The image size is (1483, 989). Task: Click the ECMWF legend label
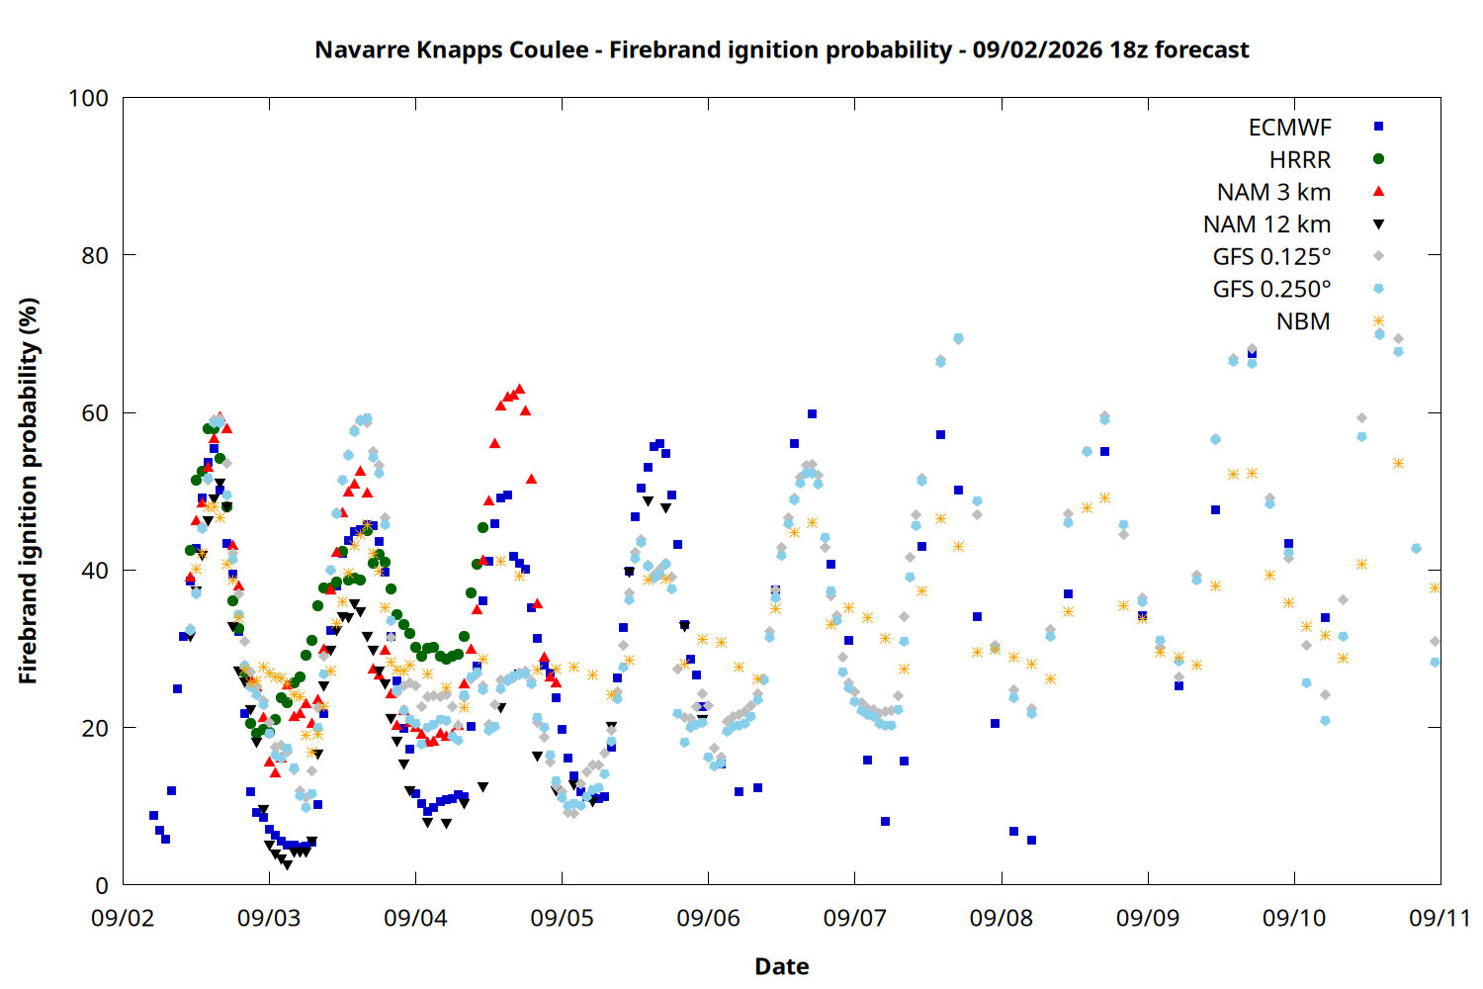click(x=1289, y=128)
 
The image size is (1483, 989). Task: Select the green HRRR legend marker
click(x=1378, y=159)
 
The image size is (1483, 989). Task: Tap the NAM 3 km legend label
click(x=1273, y=192)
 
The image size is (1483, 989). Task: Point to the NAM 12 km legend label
click(x=1266, y=225)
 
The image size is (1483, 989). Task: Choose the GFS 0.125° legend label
click(x=1271, y=256)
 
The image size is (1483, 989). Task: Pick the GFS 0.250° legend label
click(x=1271, y=289)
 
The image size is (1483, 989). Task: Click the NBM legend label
click(x=1303, y=321)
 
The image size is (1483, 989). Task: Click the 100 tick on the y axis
click(x=88, y=98)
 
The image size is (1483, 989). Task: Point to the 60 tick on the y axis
click(x=95, y=412)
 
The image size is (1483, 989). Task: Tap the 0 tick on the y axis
click(x=102, y=885)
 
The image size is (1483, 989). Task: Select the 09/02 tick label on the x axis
click(x=123, y=918)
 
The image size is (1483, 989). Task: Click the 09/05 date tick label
click(x=563, y=918)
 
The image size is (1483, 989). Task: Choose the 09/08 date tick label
click(x=1001, y=918)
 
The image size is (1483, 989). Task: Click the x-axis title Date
click(x=782, y=966)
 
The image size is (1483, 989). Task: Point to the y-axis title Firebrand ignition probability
click(x=28, y=491)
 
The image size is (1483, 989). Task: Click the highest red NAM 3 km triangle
click(x=520, y=389)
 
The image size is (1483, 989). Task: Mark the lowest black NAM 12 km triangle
click(x=287, y=865)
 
